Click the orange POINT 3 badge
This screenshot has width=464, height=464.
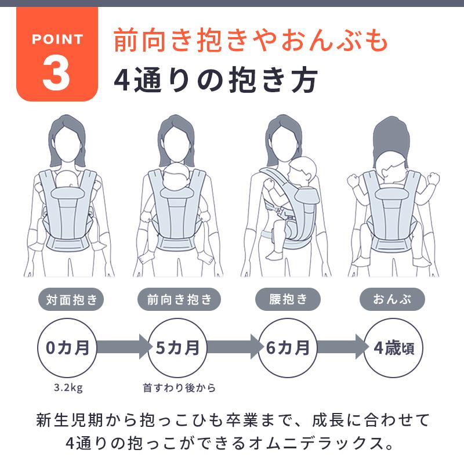[56, 55]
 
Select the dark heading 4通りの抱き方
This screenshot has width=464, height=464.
[215, 81]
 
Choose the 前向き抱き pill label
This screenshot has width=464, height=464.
[180, 300]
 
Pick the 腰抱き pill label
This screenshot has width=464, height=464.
[288, 300]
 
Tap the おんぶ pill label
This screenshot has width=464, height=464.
[392, 300]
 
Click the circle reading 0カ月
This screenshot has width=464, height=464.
[67, 348]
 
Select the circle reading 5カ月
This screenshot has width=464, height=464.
[177, 348]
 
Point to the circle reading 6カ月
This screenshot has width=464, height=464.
[288, 348]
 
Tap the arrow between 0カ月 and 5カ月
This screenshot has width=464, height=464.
[122, 348]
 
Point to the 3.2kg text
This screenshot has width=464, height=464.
[67, 387]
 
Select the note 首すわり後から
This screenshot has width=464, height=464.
[179, 387]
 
